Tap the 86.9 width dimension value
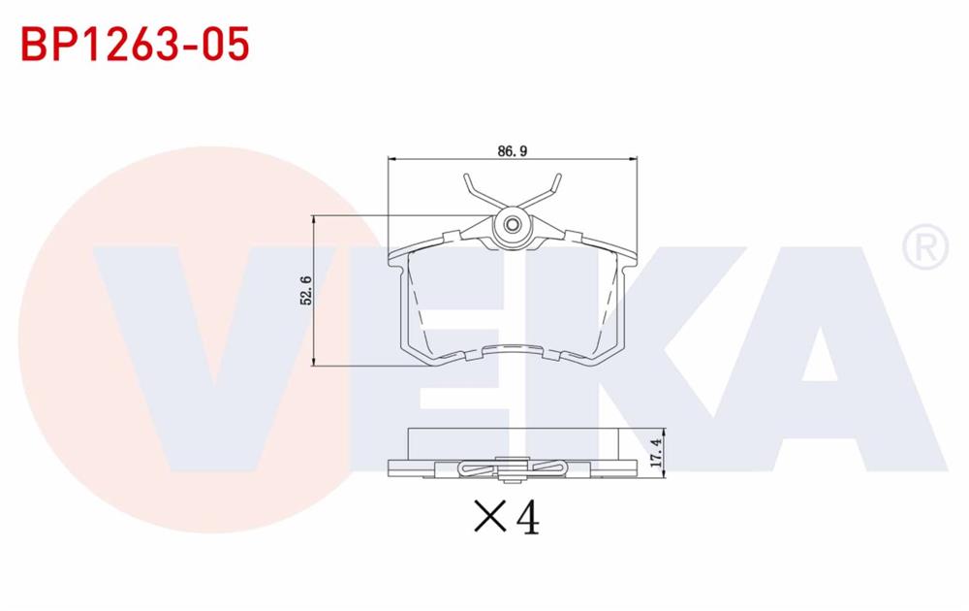[511, 150]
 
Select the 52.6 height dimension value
[306, 291]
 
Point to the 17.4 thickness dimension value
[656, 452]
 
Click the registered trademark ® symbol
[924, 248]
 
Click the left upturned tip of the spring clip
[467, 179]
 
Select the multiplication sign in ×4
[489, 518]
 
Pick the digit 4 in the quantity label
[527, 518]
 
